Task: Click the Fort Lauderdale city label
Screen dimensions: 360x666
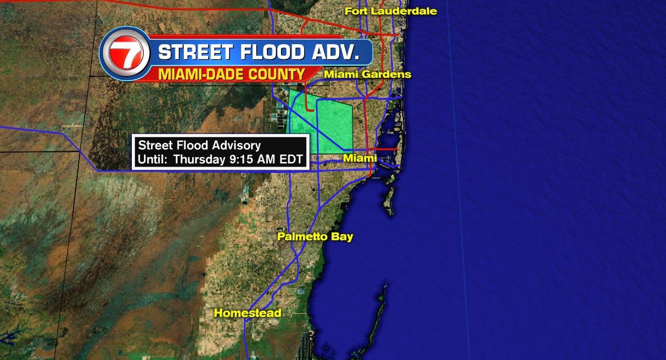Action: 390,11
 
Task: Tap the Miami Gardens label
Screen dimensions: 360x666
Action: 367,75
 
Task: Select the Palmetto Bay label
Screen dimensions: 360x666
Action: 315,236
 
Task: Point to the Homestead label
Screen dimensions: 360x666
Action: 247,313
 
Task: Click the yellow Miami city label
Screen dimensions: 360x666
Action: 360,158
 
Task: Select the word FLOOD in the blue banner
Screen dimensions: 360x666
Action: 270,53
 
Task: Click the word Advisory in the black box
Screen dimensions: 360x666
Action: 237,146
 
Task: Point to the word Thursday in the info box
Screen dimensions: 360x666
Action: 199,160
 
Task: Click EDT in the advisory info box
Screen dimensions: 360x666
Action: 292,160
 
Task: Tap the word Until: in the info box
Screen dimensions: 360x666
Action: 153,160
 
